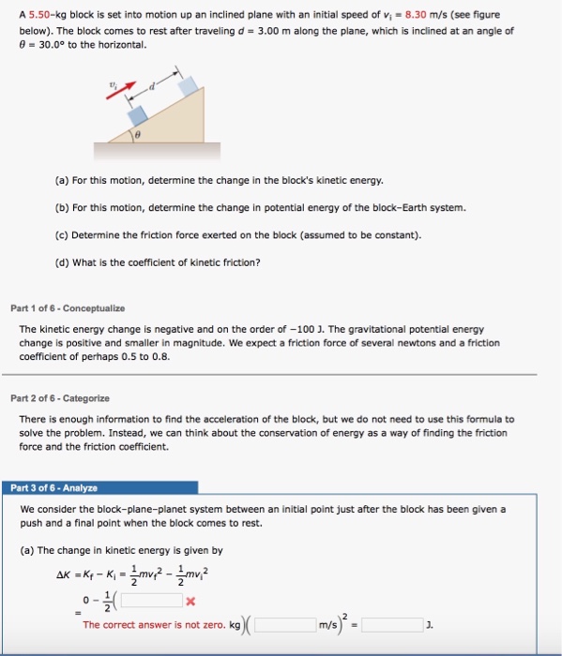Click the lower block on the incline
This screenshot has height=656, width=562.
click(x=139, y=115)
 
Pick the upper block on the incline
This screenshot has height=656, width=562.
click(x=190, y=85)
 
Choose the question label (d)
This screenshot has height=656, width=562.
click(x=63, y=261)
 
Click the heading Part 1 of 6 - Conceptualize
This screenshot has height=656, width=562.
click(x=68, y=308)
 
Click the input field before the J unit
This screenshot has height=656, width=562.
click(x=392, y=623)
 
